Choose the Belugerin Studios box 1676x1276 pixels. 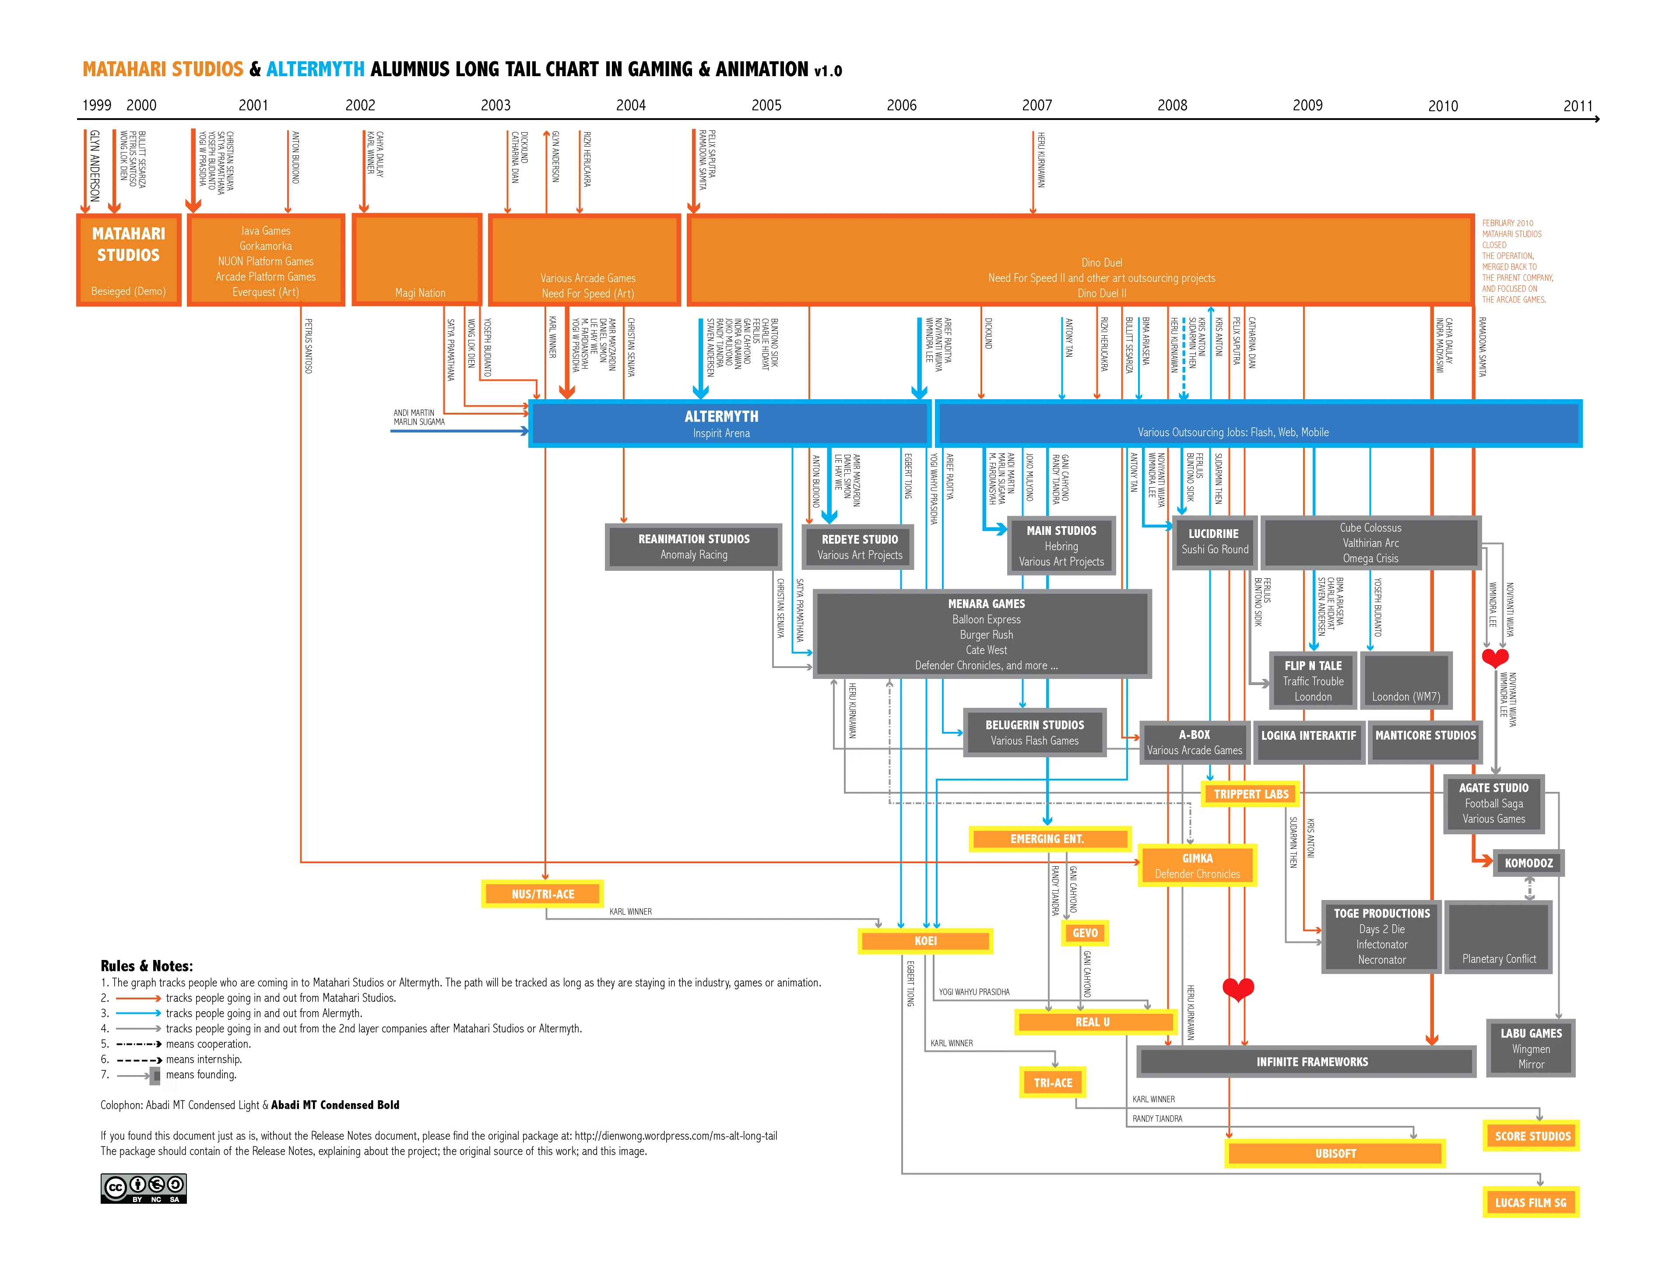pos(1034,732)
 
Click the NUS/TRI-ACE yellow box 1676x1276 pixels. pos(543,894)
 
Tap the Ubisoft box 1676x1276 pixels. pos(1335,1153)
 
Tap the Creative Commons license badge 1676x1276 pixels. pos(144,1188)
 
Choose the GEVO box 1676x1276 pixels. pos(1084,933)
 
